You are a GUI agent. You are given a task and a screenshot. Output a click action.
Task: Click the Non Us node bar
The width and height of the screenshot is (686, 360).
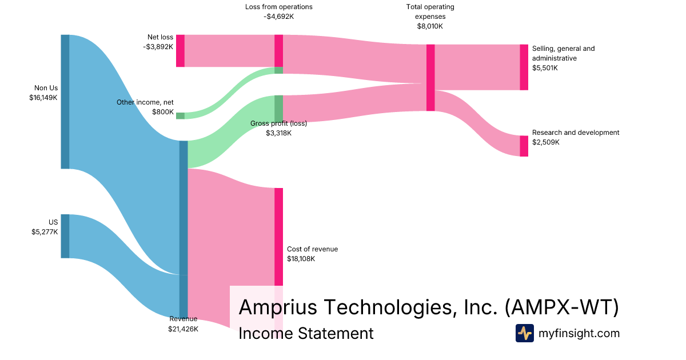click(x=65, y=102)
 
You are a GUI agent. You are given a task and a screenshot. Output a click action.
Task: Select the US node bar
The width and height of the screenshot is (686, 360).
click(x=65, y=236)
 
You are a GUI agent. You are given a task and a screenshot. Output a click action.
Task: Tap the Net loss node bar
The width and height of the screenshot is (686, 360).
click(x=180, y=51)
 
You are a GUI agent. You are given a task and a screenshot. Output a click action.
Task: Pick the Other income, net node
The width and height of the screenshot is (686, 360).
click(x=180, y=115)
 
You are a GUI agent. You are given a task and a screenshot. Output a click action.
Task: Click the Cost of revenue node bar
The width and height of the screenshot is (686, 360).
click(x=278, y=237)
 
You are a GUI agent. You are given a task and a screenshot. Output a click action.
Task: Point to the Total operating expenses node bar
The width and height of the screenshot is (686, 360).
click(x=430, y=78)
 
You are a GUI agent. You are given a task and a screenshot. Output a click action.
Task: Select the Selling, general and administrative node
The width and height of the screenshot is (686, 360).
click(x=524, y=67)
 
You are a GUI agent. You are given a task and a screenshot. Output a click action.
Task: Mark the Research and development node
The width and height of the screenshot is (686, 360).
click(x=524, y=146)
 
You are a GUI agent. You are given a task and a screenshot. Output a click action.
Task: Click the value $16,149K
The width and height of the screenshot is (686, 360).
click(x=43, y=98)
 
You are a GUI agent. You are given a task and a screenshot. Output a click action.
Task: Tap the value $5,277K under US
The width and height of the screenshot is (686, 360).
click(x=45, y=231)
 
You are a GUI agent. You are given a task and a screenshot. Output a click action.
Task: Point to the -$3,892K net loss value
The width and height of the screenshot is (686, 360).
click(x=158, y=47)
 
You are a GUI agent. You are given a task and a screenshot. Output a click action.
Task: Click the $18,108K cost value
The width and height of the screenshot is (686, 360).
click(x=301, y=259)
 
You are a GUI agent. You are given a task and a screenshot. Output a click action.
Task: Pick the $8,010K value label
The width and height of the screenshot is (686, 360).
click(x=430, y=26)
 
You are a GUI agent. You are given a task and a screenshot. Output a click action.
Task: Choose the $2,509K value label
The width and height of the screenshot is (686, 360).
click(x=545, y=142)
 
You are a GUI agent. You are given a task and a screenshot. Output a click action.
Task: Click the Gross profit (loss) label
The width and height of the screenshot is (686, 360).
click(x=278, y=123)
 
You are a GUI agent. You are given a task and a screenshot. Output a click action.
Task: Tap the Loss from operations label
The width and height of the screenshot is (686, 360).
click(x=278, y=7)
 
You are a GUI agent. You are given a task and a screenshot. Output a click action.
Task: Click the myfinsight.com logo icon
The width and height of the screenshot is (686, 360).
click(x=524, y=333)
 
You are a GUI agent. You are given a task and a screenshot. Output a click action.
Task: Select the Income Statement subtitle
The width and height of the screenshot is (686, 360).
click(x=306, y=333)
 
